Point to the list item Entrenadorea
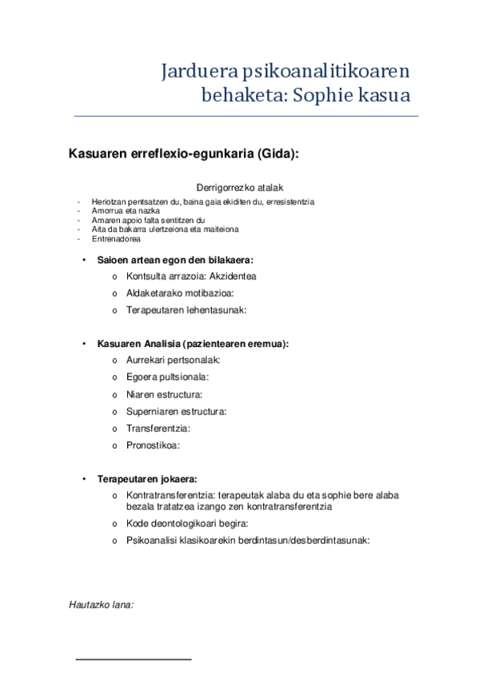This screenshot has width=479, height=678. [117, 238]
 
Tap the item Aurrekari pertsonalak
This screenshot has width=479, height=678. [173, 360]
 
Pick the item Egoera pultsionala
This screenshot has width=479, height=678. [167, 377]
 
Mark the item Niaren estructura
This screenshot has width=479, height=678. [164, 394]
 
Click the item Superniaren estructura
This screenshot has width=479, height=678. [176, 411]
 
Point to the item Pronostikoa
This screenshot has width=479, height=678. [153, 445]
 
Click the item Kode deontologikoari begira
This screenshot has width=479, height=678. [187, 524]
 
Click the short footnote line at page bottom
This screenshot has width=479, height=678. [134, 660]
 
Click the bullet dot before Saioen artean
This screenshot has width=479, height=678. [85, 260]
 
